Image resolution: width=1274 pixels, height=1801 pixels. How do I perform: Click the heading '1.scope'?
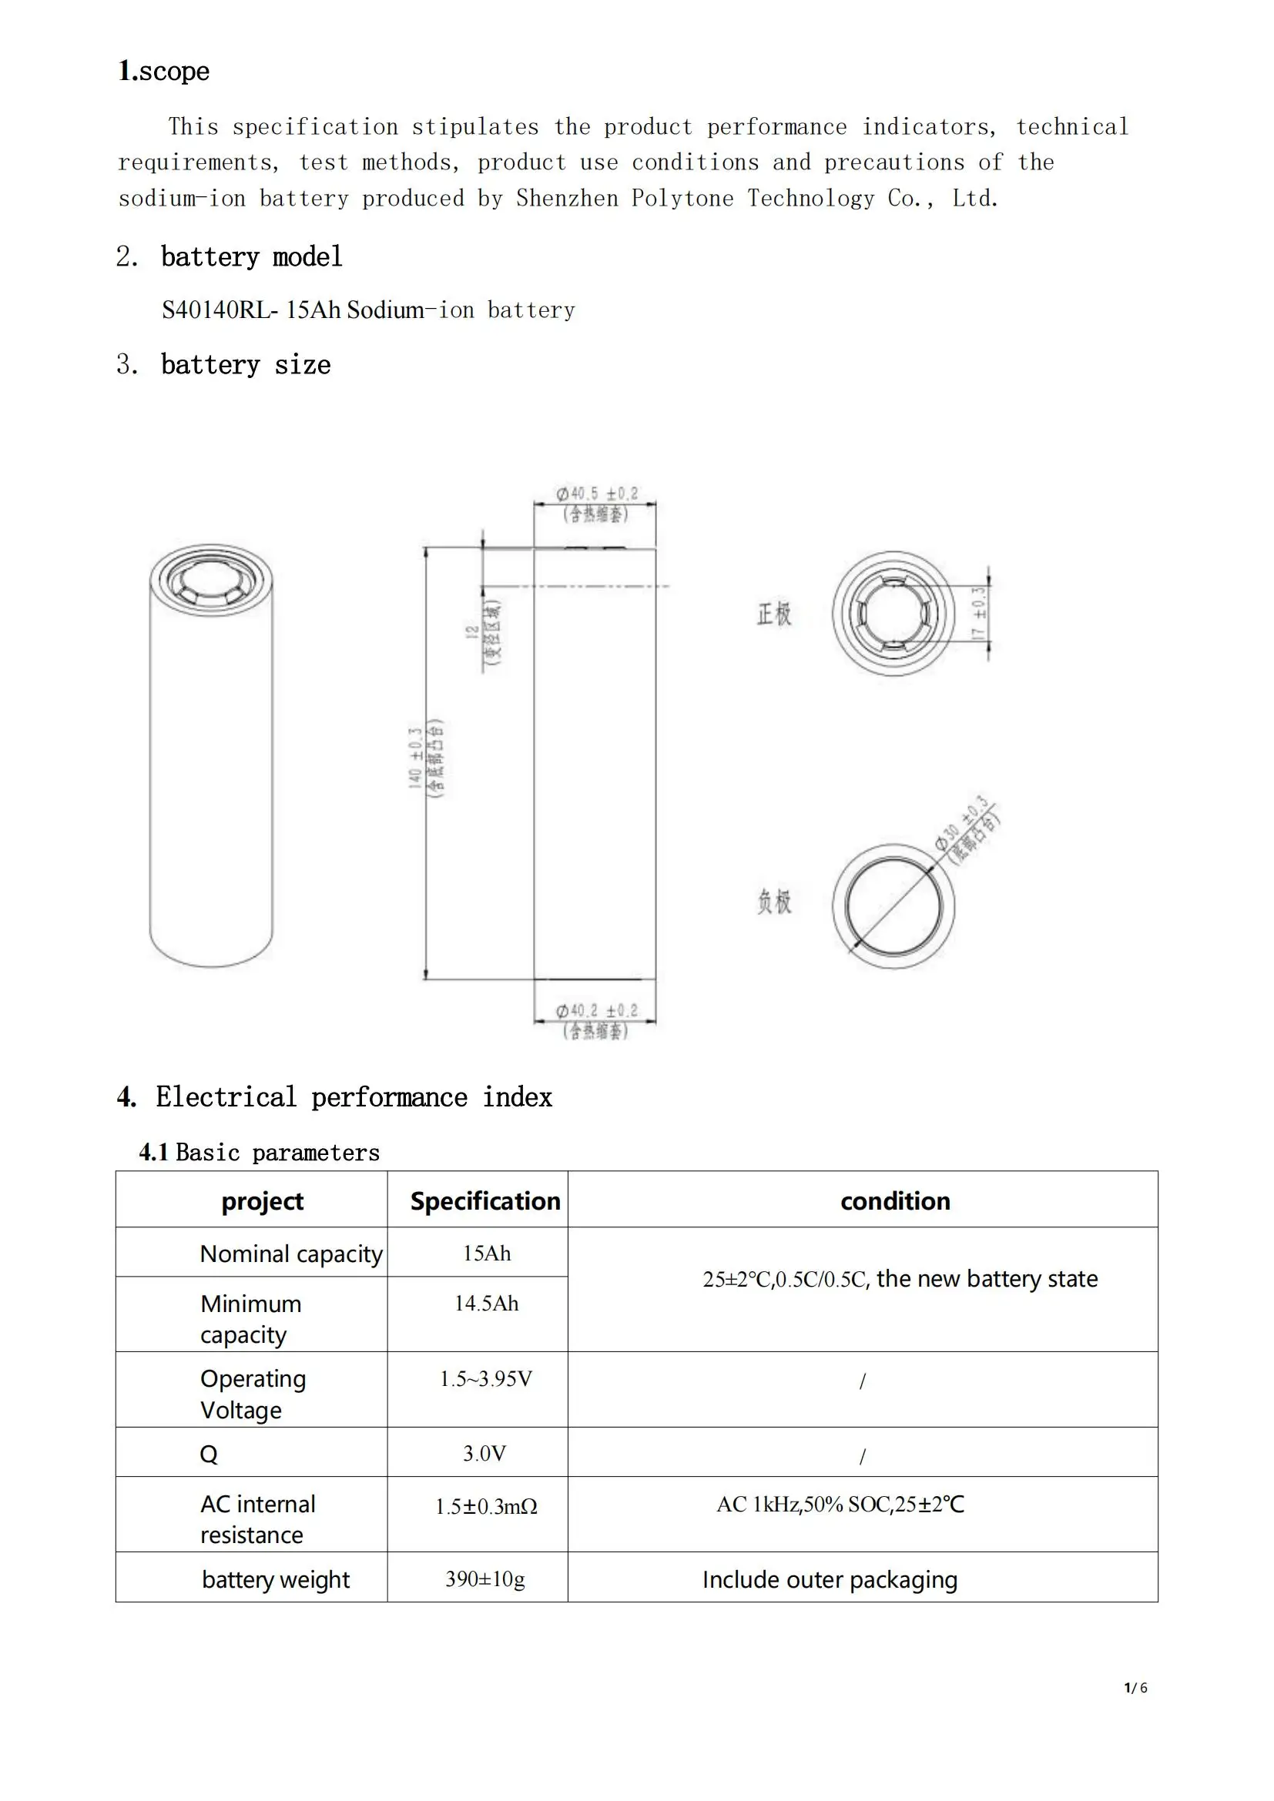click(x=164, y=72)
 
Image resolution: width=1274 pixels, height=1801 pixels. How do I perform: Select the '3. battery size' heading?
click(x=223, y=365)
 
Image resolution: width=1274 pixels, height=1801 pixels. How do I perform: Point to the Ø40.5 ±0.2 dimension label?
click(x=597, y=494)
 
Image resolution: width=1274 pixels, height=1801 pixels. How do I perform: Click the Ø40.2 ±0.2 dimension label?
click(x=596, y=1010)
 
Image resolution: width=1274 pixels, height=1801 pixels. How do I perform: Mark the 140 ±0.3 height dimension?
click(x=415, y=758)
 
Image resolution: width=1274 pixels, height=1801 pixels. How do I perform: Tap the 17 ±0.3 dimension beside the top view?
click(x=978, y=614)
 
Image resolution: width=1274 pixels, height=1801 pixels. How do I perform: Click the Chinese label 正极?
click(x=773, y=614)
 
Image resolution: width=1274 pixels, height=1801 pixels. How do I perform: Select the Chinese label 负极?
click(x=773, y=902)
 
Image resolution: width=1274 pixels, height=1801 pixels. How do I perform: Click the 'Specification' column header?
click(x=484, y=1202)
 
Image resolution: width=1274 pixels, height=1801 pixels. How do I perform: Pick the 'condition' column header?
click(x=895, y=1202)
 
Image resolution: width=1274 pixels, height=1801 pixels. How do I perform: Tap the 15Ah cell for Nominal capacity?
click(x=486, y=1254)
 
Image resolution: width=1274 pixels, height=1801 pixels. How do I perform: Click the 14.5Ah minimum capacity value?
click(x=486, y=1304)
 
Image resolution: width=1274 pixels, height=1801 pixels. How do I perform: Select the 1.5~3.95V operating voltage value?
click(x=485, y=1379)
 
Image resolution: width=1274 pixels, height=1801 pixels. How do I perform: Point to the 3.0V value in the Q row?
click(x=484, y=1454)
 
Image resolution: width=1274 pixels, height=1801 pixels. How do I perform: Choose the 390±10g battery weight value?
click(x=484, y=1578)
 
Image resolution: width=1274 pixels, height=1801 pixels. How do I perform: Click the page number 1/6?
click(x=1135, y=1688)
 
